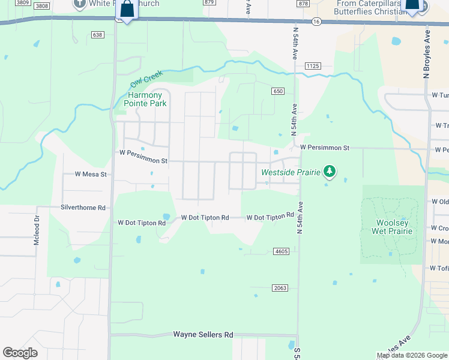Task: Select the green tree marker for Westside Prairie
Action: (329, 172)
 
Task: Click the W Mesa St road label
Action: (90, 175)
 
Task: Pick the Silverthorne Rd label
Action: (83, 208)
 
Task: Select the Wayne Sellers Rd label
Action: (203, 334)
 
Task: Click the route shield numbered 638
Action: (98, 35)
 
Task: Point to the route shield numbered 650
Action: (277, 91)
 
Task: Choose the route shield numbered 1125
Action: (313, 66)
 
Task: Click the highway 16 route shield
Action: (316, 22)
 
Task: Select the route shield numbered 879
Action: (209, 2)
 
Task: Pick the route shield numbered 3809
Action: (22, 4)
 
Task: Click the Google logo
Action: (20, 353)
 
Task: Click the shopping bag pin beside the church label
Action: (127, 10)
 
